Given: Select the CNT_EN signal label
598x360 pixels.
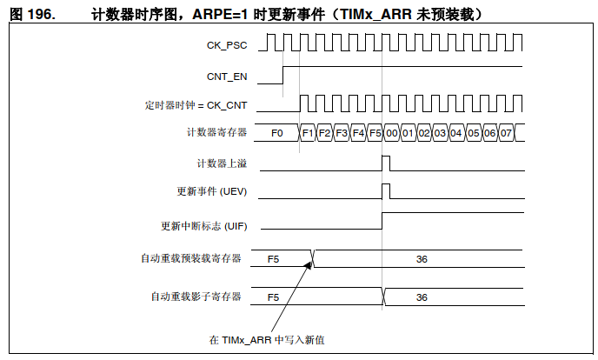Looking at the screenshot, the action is tap(228, 76).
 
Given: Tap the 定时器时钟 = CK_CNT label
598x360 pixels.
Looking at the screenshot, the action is tap(196, 105).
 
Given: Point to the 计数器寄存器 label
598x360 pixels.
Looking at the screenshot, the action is tap(217, 133).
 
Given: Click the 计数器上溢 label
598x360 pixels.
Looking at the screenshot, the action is tap(222, 163).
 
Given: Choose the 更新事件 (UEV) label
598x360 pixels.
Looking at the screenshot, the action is tap(212, 191).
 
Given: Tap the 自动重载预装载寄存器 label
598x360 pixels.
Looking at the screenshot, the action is tap(192, 257).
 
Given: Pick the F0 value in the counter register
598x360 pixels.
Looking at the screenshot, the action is tap(277, 133).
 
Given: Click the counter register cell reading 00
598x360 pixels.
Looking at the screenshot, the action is tap(391, 133).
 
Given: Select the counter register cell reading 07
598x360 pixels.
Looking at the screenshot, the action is tap(506, 133).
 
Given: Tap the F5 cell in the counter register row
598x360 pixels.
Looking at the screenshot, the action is tap(375, 133).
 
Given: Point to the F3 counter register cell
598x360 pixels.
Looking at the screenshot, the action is tap(342, 133).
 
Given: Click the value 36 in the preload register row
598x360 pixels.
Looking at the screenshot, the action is tap(422, 258).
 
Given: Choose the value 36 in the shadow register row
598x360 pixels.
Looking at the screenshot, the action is tap(422, 297).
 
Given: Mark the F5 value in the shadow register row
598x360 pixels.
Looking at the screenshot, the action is tap(273, 297).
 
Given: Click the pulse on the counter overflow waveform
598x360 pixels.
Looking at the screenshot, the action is tap(387, 163).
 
